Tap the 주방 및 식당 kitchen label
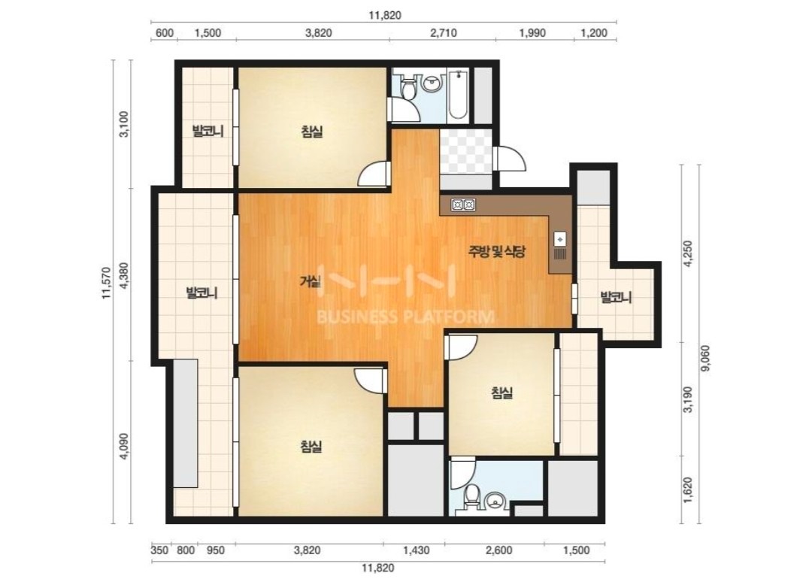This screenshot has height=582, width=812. (x=497, y=252)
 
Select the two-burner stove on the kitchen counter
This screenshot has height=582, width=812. (x=463, y=205)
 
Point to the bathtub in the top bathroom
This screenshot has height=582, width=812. (x=458, y=95)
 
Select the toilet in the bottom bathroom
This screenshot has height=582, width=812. (x=471, y=498)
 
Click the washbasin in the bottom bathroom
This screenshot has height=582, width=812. (x=496, y=501)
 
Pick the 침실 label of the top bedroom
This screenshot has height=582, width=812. (x=312, y=132)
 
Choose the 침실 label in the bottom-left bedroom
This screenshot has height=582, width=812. (x=312, y=446)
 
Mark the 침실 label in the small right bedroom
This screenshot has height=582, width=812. (x=501, y=393)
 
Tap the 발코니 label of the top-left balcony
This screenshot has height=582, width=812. (x=208, y=131)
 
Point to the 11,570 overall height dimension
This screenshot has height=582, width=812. (x=107, y=283)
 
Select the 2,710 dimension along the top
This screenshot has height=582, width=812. (x=444, y=32)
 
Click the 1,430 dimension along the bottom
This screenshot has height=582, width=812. (x=416, y=550)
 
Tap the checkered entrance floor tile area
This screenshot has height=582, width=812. (x=465, y=151)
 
